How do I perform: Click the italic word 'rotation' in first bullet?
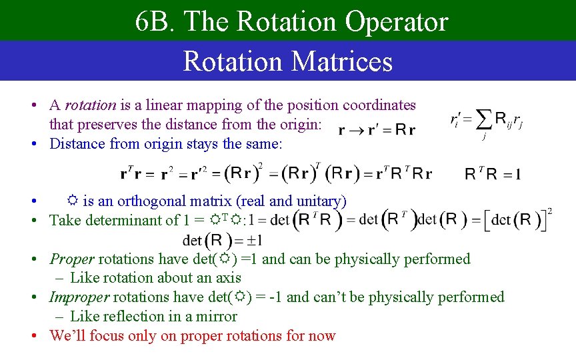90,105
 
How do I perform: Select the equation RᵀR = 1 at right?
492,175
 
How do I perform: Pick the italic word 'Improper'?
80,297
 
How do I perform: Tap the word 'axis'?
228,278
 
